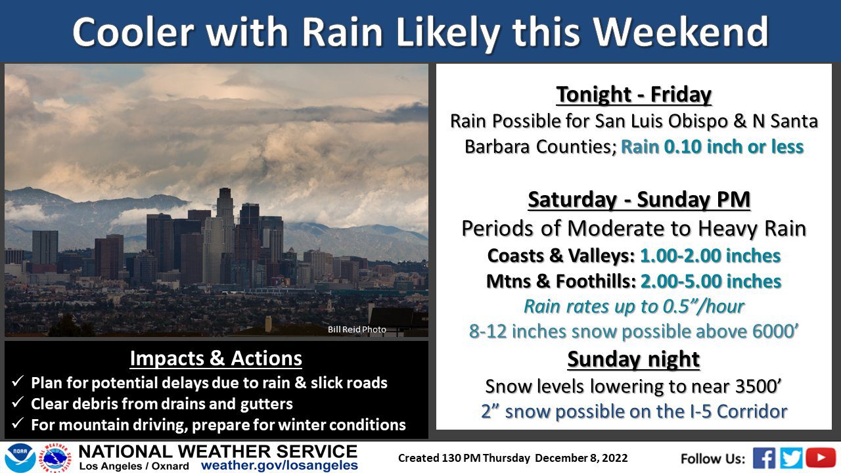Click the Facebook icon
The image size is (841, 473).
tap(764, 458)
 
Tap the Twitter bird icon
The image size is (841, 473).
tap(791, 458)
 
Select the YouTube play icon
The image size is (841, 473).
tap(821, 458)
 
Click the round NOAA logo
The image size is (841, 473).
tap(20, 458)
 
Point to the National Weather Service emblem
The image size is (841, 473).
tap(56, 458)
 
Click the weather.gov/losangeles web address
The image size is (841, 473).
tap(279, 466)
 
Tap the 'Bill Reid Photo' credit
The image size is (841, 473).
tap(357, 329)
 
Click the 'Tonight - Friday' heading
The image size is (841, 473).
tap(634, 94)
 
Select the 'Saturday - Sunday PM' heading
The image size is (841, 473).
tap(639, 199)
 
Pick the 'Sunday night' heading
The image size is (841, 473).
tap(633, 359)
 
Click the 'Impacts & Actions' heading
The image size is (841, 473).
tap(216, 358)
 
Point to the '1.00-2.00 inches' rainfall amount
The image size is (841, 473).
tap(710, 256)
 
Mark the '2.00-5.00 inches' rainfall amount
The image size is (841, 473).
tap(711, 281)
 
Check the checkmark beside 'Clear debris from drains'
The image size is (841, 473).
tap(18, 402)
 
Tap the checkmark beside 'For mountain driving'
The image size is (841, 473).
tap(18, 423)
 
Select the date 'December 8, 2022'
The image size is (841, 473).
tap(581, 458)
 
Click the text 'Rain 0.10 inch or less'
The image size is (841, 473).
tap(712, 146)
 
